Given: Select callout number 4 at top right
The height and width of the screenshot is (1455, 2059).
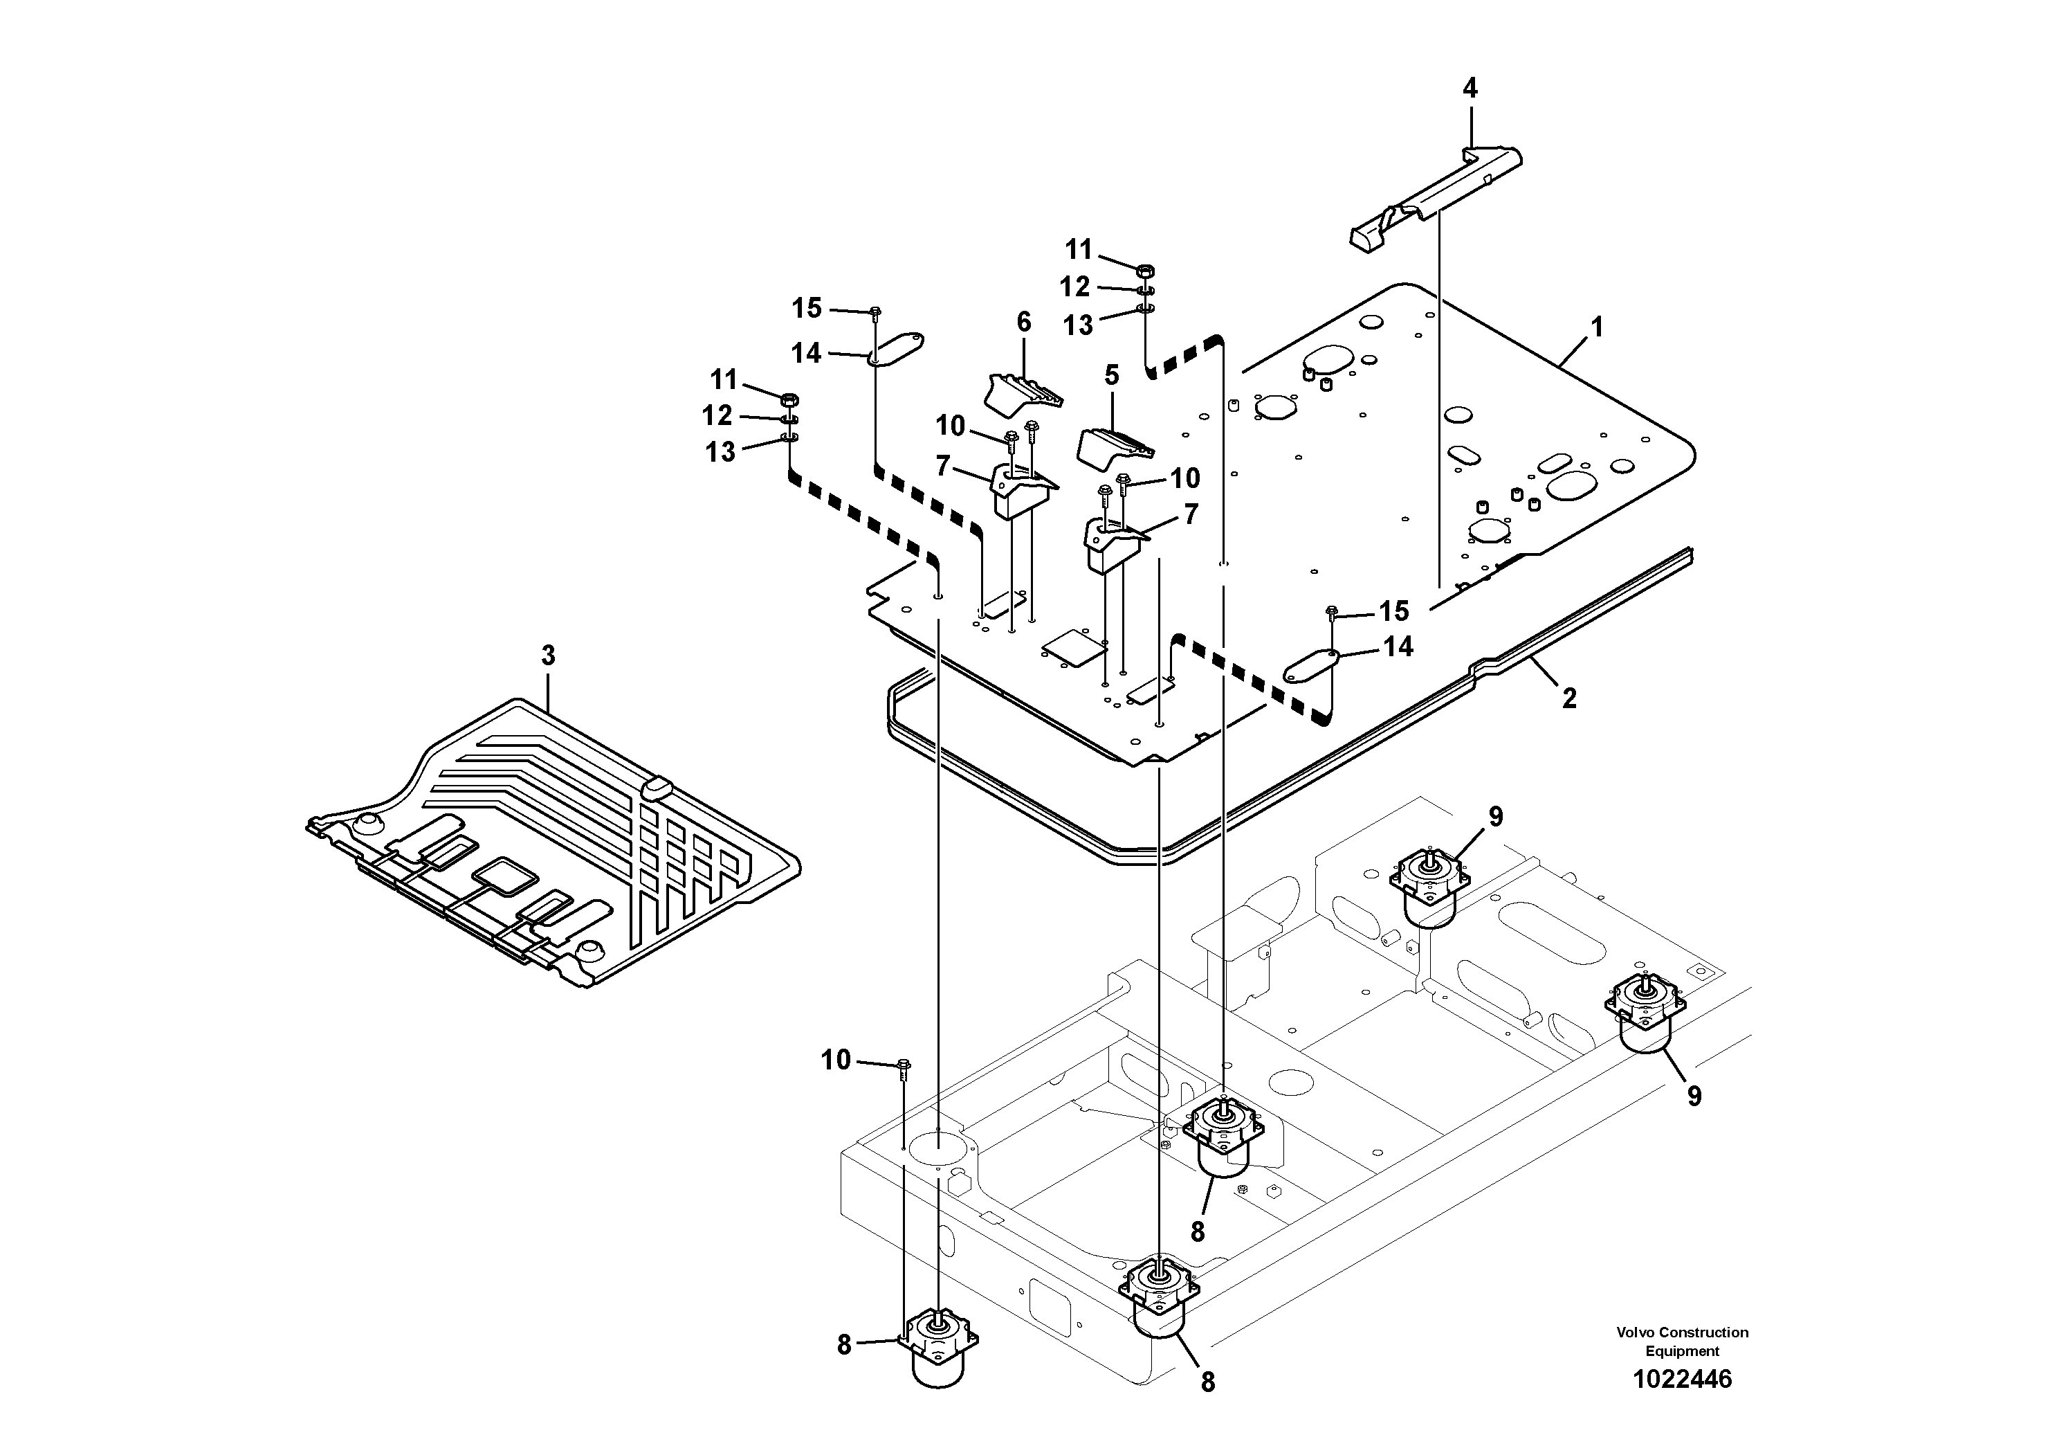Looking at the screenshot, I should (1469, 88).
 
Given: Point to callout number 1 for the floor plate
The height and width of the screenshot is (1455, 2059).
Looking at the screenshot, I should (1596, 327).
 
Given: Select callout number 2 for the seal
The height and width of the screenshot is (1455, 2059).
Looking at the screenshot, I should (1568, 698).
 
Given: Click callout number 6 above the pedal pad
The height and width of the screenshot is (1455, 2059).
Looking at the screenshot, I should (1023, 322).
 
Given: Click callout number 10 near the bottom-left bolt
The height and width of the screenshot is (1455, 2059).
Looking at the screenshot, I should (836, 1060).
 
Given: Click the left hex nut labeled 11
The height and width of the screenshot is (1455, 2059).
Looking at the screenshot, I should (790, 399).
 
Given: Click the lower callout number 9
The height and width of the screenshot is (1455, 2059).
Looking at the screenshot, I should (1693, 1096).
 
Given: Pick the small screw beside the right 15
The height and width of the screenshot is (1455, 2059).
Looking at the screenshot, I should (1332, 613).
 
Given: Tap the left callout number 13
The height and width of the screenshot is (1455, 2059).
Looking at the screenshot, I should (720, 452).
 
